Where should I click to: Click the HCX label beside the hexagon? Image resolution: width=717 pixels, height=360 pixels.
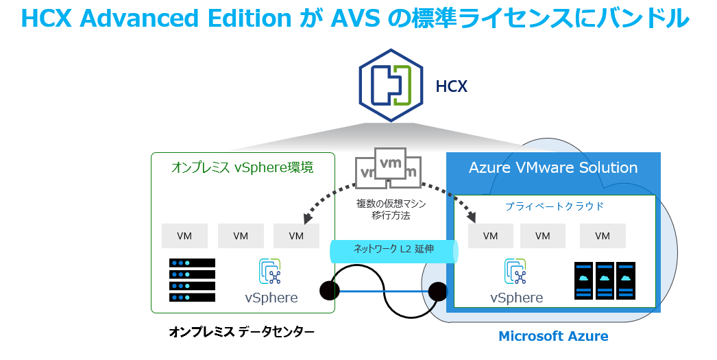point(452,86)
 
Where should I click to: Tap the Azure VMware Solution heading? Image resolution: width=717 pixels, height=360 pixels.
point(553,168)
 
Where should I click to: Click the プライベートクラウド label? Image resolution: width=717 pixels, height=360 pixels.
point(554,206)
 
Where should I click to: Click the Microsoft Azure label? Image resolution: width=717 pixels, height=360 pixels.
point(553,336)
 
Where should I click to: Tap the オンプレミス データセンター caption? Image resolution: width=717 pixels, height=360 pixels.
point(242,333)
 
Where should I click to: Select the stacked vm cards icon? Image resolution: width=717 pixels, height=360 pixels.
point(388,168)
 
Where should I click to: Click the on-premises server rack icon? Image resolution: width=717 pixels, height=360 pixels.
point(192,280)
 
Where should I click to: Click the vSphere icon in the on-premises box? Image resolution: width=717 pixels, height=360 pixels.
point(271,272)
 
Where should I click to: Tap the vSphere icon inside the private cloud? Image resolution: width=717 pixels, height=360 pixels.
point(515,272)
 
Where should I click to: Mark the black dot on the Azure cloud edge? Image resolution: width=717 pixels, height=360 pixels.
point(437,293)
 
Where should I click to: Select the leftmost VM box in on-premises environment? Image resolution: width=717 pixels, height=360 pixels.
point(184,236)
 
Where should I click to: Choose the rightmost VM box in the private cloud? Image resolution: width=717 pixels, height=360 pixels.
point(603,236)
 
